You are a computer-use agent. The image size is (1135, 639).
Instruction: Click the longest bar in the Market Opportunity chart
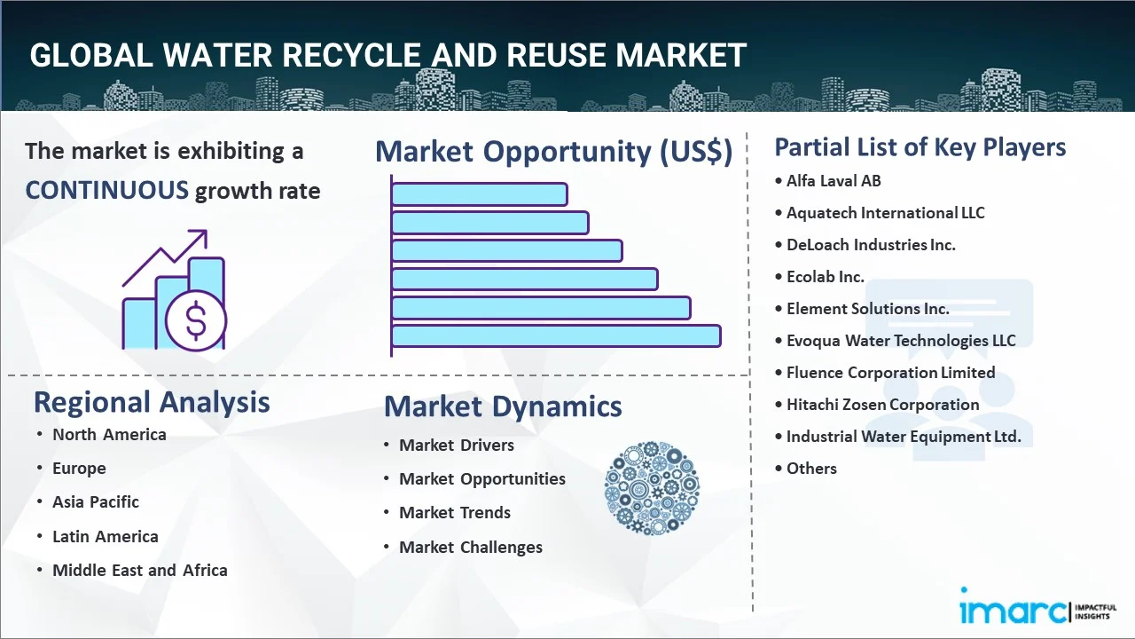point(555,335)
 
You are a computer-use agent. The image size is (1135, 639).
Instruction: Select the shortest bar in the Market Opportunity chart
point(479,193)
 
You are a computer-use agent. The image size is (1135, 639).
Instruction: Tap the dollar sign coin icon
point(196,320)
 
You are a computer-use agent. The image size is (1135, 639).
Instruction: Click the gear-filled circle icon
point(652,488)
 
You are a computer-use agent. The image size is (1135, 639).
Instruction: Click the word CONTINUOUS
point(106,190)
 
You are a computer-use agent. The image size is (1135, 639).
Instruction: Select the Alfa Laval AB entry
point(834,181)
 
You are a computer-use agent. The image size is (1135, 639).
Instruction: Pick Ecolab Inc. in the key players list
point(825,277)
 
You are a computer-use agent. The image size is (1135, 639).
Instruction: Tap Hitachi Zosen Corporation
point(882,405)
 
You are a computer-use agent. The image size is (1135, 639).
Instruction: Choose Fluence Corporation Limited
point(890,373)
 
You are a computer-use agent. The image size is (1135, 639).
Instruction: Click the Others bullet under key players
point(811,469)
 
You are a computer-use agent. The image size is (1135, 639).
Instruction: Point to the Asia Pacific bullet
point(95,502)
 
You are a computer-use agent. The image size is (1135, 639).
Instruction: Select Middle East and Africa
point(139,571)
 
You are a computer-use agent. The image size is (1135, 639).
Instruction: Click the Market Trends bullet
point(454,513)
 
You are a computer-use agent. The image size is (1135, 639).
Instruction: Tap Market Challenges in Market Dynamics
point(470,548)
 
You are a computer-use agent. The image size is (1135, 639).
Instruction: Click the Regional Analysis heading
point(152,402)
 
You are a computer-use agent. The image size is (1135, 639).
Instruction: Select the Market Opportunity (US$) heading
point(553,152)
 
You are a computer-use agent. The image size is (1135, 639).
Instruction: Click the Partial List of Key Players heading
point(920,146)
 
